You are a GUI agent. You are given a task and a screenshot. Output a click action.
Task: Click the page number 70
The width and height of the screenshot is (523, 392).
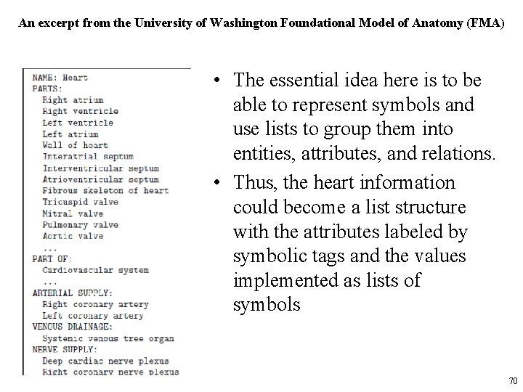pos(512,381)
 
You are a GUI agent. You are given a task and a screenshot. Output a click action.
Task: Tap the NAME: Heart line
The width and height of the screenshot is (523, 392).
pos(60,78)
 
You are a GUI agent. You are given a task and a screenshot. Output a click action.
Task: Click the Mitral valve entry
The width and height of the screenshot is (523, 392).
pos(73,213)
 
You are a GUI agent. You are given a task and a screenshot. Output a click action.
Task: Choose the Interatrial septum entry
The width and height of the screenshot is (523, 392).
pos(88,156)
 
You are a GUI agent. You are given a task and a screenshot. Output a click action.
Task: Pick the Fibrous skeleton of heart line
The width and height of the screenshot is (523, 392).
pos(105,191)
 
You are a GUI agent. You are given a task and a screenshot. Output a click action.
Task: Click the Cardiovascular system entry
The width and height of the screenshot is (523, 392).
pos(95,270)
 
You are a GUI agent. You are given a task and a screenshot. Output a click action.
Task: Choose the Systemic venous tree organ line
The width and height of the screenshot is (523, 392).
pos(108,338)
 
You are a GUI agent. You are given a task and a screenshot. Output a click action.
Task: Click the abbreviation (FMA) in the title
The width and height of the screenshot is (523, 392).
pos(483,23)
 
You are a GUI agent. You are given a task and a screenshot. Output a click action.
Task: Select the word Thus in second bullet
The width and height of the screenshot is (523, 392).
pos(252,182)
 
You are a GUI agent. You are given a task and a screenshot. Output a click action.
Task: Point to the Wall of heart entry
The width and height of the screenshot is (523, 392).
pos(75,145)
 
